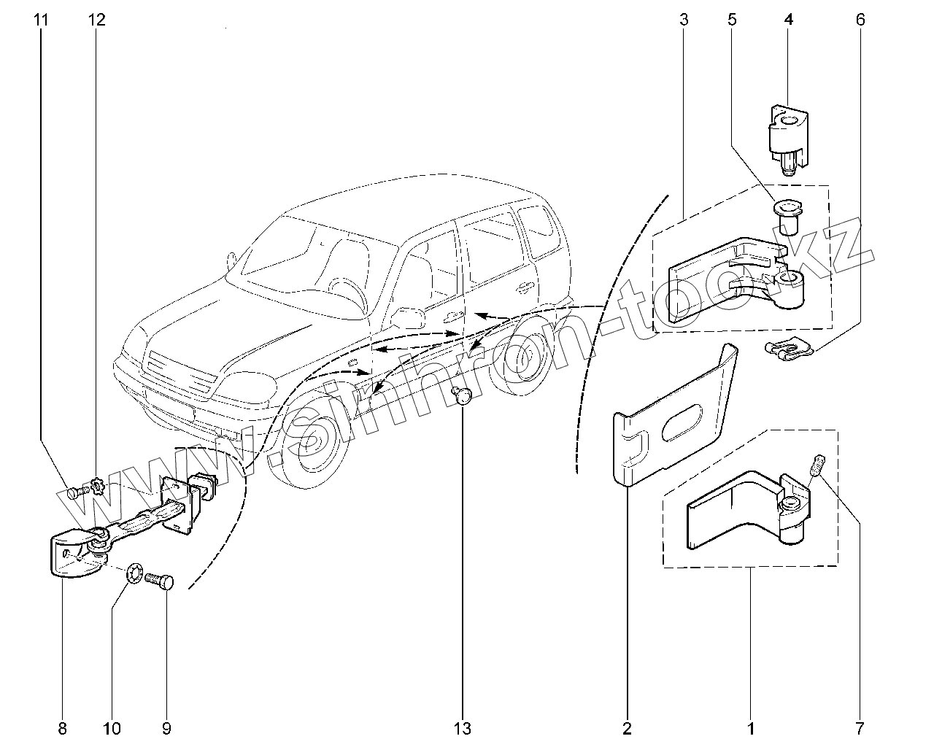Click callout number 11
tap(41, 20)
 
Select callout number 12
tap(96, 20)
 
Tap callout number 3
tap(684, 20)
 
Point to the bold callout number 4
tap(788, 20)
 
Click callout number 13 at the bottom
tap(463, 728)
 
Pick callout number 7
tap(860, 728)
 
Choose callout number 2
tap(627, 728)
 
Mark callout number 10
tap(112, 728)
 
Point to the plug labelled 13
tap(463, 395)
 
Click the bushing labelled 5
tap(786, 216)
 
